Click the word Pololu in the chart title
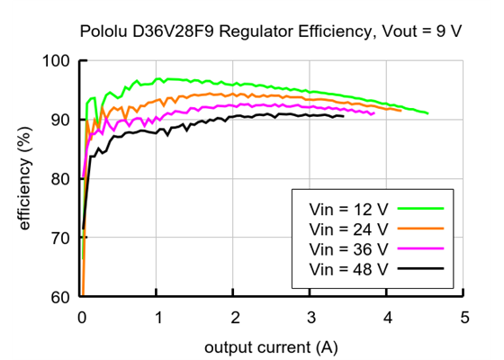[103, 31]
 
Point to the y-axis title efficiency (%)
[25, 179]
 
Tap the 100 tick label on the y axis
[57, 61]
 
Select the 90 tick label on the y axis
[61, 120]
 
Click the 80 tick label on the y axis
[61, 179]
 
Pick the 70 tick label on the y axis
[61, 238]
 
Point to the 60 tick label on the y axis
[61, 297]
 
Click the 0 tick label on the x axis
[81, 318]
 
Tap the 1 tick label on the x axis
[157, 318]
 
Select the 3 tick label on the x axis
[310, 318]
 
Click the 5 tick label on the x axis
[463, 318]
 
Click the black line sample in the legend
[423, 268]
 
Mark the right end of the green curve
[427, 113]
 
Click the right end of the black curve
[343, 116]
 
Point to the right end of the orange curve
[401, 111]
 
